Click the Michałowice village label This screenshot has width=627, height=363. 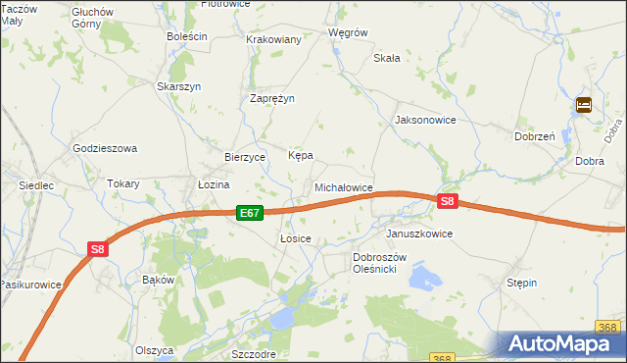[343, 186]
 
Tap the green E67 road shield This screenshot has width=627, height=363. [249, 213]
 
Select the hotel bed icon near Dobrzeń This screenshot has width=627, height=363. [584, 105]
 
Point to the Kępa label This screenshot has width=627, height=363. [300, 156]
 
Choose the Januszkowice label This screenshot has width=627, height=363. [419, 234]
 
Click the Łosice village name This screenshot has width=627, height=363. [295, 238]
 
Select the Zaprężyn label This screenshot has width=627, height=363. [272, 98]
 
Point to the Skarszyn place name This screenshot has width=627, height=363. [179, 86]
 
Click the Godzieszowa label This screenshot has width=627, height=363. [105, 148]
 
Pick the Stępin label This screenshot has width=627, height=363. [521, 283]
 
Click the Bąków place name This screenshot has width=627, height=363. [158, 280]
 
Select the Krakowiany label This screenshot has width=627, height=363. [274, 39]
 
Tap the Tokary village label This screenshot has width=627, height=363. [123, 183]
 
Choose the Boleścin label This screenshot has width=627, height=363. [187, 36]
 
